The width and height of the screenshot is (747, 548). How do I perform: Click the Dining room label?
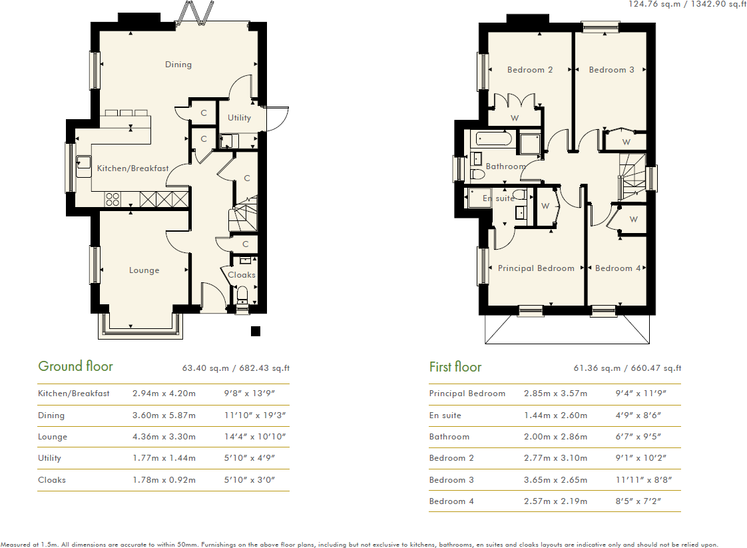point(178,65)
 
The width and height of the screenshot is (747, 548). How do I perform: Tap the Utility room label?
point(239,118)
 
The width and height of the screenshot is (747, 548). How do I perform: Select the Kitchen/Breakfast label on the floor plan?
point(132,168)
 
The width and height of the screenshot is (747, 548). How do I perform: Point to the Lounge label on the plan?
point(144,270)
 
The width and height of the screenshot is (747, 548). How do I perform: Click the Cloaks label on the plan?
point(241,274)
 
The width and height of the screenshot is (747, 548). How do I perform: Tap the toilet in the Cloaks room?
point(242,294)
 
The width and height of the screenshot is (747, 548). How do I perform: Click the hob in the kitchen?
point(113,198)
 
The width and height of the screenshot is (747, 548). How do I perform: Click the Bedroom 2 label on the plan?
point(530,70)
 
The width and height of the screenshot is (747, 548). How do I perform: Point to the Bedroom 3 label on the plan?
point(611,70)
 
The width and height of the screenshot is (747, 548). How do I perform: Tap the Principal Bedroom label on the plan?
point(536,268)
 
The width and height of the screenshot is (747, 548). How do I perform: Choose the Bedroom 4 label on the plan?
point(617,268)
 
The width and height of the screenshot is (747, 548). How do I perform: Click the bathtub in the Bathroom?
point(492,140)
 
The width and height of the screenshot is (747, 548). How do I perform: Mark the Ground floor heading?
point(75,366)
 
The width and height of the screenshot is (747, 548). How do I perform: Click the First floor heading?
point(455,367)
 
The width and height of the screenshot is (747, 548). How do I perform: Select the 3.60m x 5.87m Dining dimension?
point(164,415)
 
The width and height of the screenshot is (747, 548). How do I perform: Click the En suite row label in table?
point(445,415)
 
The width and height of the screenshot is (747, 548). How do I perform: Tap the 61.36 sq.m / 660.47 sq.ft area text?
point(627,368)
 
